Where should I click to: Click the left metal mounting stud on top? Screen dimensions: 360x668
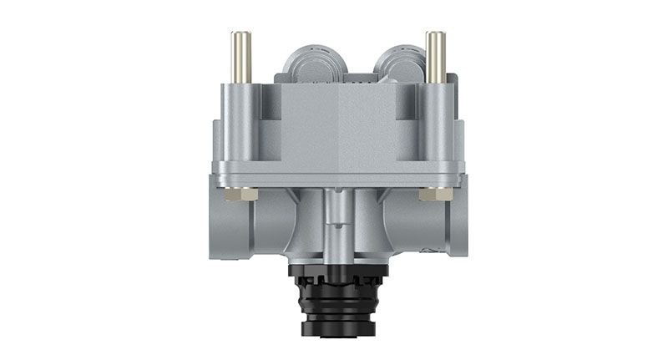pyautogui.click(x=240, y=57)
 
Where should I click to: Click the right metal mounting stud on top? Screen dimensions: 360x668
pyautogui.click(x=434, y=57)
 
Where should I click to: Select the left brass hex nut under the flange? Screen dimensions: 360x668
pyautogui.click(x=245, y=194)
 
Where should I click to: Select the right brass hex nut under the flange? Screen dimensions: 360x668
pyautogui.click(x=435, y=194)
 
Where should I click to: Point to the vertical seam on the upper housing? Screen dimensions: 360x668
pyautogui.click(x=339, y=125)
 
